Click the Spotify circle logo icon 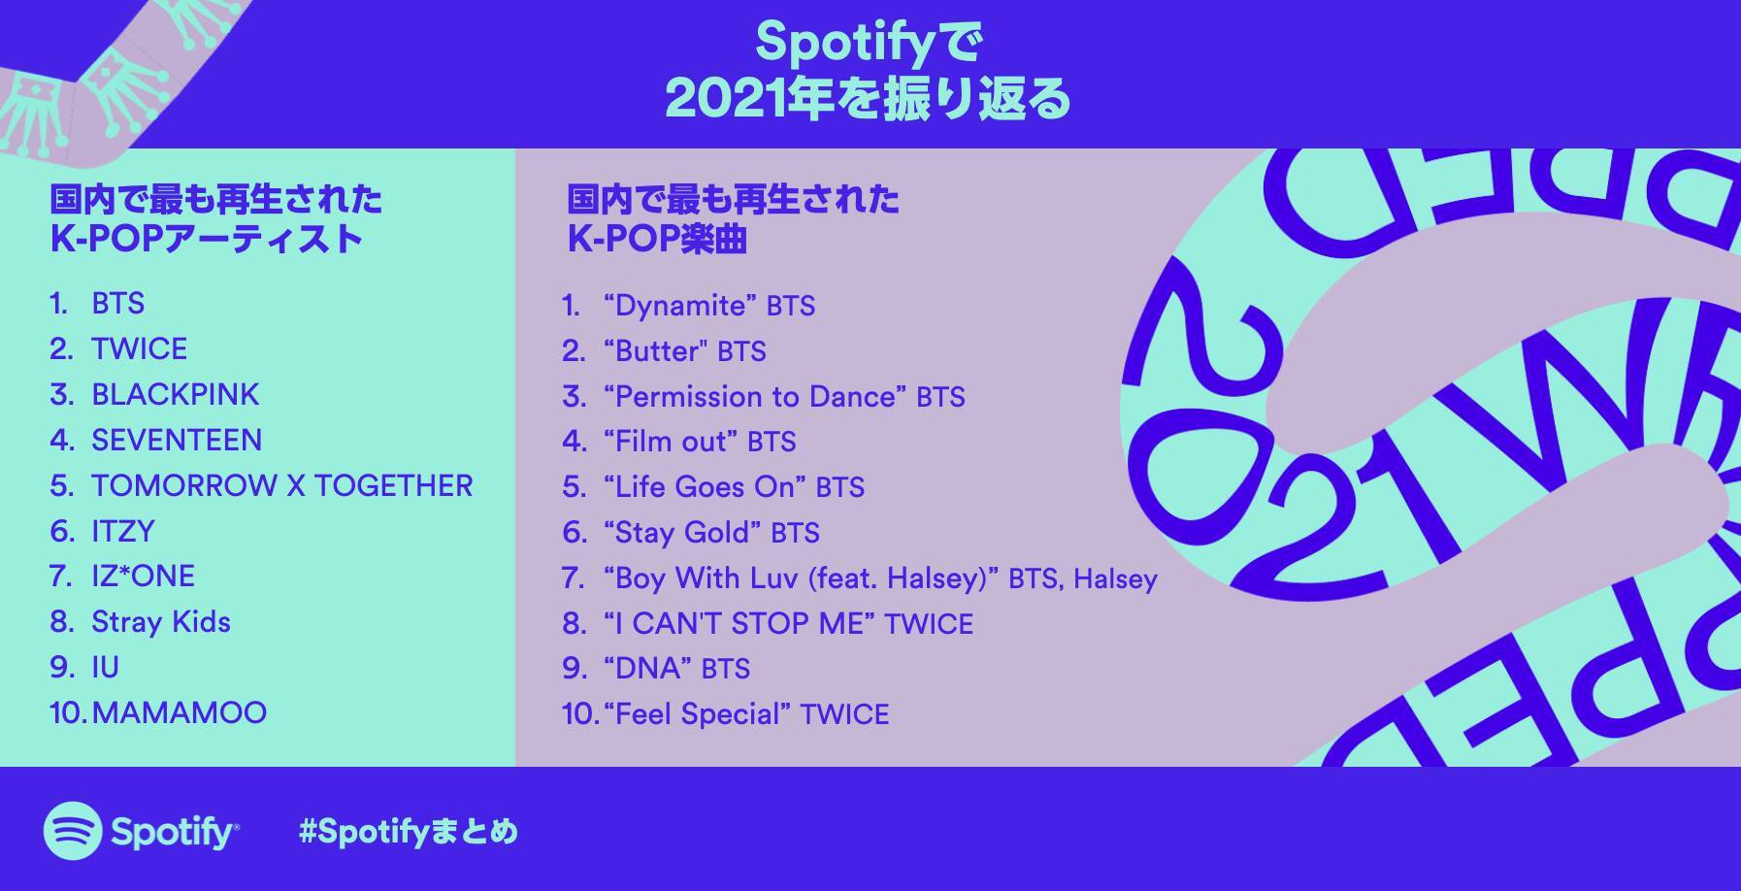coord(73,831)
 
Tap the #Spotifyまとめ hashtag coord(409,832)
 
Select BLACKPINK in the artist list coord(176,394)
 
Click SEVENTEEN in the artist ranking coord(177,440)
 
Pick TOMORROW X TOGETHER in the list coord(282,485)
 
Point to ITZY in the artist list coord(123,531)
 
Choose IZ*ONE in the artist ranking coord(144,576)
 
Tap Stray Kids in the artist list coord(161,621)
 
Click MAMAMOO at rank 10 coord(180,712)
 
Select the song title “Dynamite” coord(680,306)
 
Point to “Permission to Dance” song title coord(755,396)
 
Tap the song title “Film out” coord(671,442)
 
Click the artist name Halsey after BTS coord(1116,578)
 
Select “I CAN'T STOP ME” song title coord(739,623)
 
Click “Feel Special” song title coord(697,714)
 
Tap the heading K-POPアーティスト coord(207,239)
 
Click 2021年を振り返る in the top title coord(869,99)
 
